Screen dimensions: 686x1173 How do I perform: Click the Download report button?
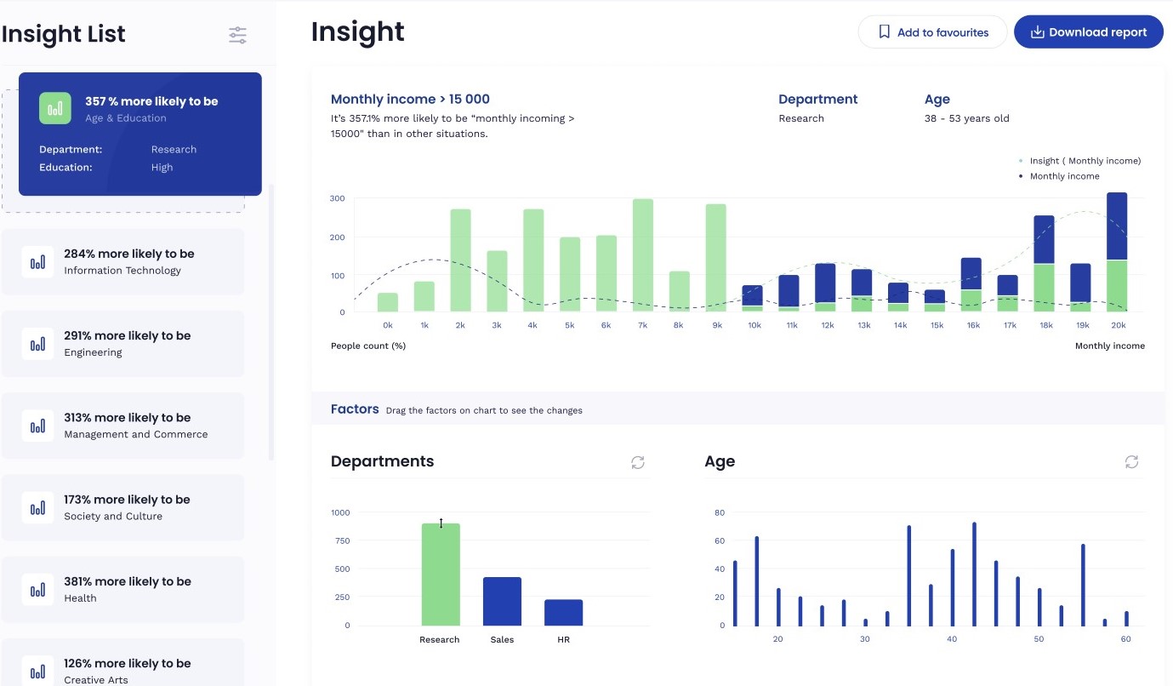(x=1088, y=32)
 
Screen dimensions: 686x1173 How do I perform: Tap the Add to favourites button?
(x=932, y=32)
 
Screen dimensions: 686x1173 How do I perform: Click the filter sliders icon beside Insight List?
(x=237, y=35)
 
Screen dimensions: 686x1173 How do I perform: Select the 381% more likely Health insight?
(x=122, y=589)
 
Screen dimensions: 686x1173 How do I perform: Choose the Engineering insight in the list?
(x=122, y=343)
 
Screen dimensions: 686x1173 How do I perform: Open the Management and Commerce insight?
(x=122, y=426)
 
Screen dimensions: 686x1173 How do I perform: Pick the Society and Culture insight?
(x=122, y=507)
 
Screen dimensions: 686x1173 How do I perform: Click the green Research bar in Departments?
(x=441, y=575)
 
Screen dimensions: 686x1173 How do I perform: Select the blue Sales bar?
(x=502, y=601)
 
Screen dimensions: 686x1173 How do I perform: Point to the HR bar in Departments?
(x=563, y=612)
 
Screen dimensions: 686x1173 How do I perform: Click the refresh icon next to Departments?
(x=638, y=462)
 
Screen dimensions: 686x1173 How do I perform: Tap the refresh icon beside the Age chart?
(x=1131, y=461)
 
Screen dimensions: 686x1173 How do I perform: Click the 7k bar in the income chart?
(x=643, y=255)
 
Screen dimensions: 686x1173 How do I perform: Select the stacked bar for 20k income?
(x=1117, y=252)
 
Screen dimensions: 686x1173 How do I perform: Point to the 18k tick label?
(x=1045, y=326)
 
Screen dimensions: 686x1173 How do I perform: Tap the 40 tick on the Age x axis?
(x=952, y=639)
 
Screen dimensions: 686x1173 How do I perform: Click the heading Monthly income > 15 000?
(x=410, y=100)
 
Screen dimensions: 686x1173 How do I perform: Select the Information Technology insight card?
(x=122, y=261)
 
